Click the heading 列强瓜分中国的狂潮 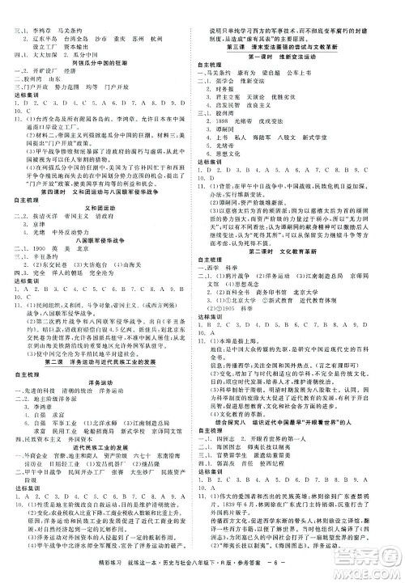click(x=101, y=64)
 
